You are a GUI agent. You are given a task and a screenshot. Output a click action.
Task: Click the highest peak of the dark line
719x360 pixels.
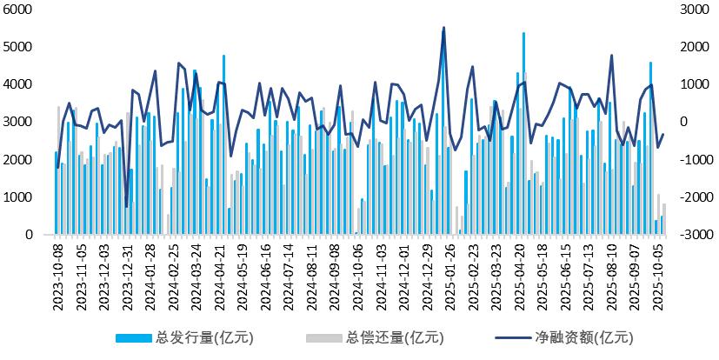[x=443, y=28]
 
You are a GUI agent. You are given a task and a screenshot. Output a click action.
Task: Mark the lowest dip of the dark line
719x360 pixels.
[x=127, y=207]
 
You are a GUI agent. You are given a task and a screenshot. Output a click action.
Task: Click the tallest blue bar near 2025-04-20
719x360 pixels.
[x=523, y=34]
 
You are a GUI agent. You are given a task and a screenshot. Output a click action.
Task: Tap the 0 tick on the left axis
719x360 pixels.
[x=29, y=235]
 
